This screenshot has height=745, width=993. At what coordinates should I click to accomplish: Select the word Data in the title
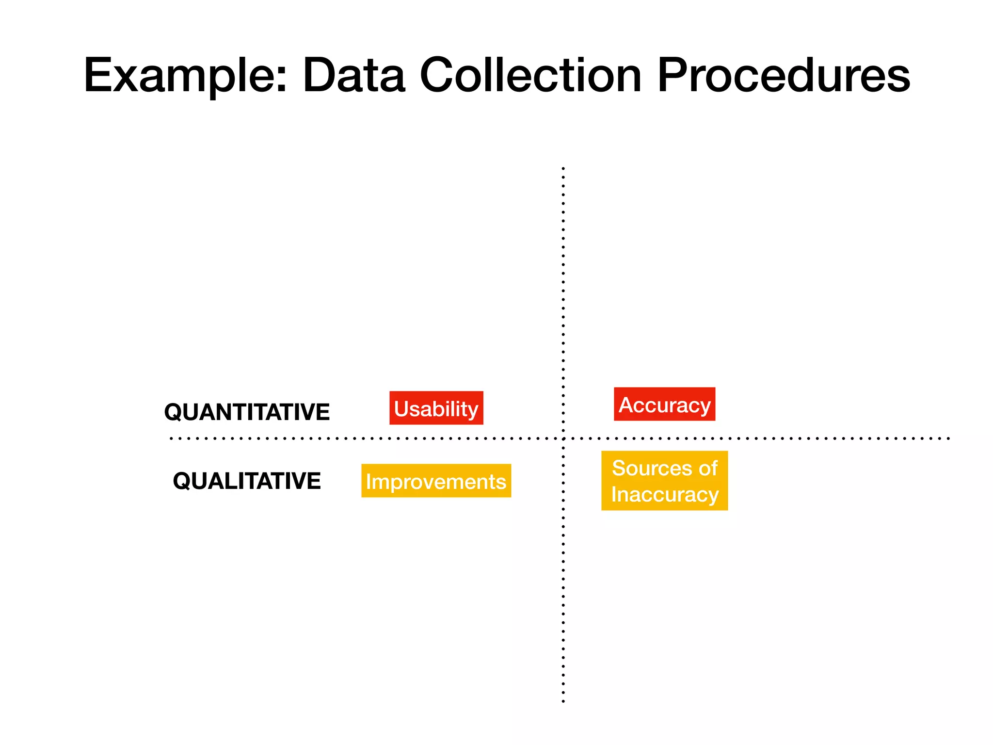click(353, 76)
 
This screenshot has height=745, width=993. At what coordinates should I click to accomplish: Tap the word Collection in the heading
click(530, 76)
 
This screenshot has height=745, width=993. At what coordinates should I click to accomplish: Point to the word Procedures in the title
click(784, 76)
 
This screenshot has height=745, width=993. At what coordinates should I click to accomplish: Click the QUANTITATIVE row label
click(247, 412)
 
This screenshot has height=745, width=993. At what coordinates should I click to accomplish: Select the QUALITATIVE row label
click(247, 481)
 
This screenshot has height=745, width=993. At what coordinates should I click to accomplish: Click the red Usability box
click(436, 408)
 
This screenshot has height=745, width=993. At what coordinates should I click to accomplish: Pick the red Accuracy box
click(664, 404)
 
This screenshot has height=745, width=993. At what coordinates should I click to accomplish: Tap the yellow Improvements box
click(436, 481)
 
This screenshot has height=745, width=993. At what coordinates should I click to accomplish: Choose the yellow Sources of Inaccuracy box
click(664, 481)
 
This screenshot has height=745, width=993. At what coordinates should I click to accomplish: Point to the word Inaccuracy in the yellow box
click(664, 494)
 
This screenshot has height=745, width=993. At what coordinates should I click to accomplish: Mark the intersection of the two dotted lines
click(563, 438)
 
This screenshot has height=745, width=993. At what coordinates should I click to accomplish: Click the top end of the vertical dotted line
click(563, 169)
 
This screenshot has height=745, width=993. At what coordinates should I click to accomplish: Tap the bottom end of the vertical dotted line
click(563, 701)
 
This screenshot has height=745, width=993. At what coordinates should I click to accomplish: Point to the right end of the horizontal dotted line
click(948, 438)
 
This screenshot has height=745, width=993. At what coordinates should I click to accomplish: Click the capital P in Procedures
click(672, 76)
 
